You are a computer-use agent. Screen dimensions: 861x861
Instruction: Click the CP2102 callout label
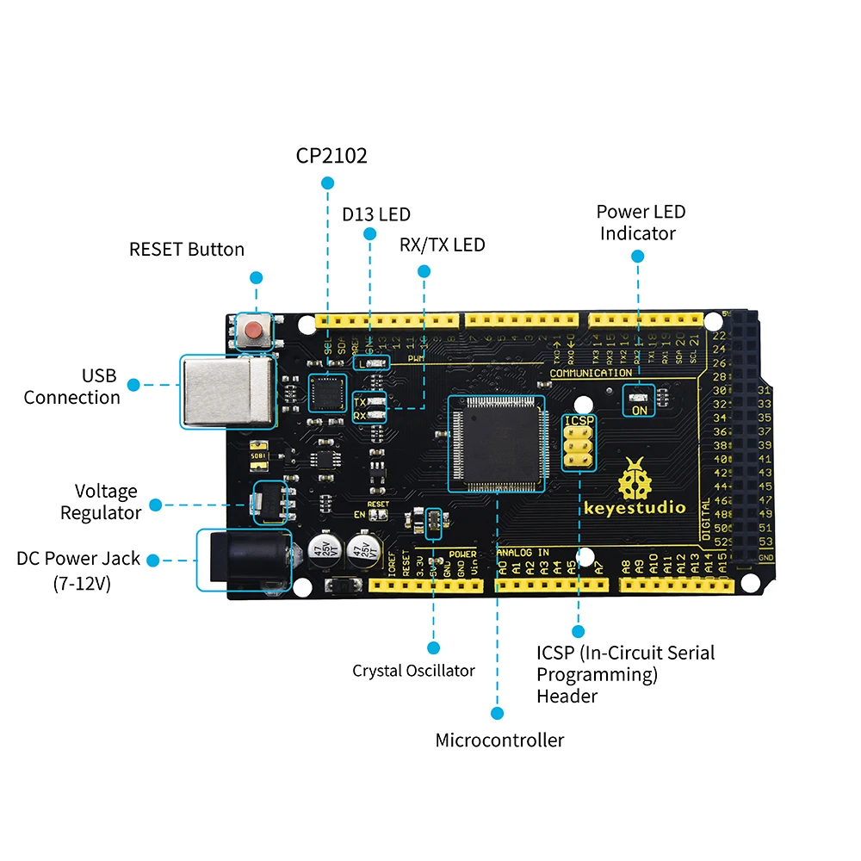point(331,156)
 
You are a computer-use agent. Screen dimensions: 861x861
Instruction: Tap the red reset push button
point(253,330)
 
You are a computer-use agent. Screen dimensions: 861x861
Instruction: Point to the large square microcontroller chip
point(495,443)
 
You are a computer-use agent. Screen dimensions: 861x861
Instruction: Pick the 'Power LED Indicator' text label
point(641,222)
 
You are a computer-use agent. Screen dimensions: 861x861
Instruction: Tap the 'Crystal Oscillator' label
point(413,671)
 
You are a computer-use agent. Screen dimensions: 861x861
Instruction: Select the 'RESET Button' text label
point(187,250)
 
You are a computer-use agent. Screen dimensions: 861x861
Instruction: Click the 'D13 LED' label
point(376,214)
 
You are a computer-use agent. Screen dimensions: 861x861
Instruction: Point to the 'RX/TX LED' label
point(442,245)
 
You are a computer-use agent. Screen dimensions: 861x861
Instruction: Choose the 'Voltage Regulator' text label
point(100,502)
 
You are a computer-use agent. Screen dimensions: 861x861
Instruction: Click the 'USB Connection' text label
point(72,387)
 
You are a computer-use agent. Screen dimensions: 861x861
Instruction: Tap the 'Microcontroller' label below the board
point(499,740)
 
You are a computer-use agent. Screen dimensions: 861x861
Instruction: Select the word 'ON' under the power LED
point(640,411)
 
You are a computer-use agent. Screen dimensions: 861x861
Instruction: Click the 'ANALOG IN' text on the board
point(523,552)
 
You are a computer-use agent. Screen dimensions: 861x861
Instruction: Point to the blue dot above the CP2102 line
point(327,183)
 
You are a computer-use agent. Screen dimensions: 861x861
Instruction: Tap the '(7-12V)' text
point(82,583)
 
